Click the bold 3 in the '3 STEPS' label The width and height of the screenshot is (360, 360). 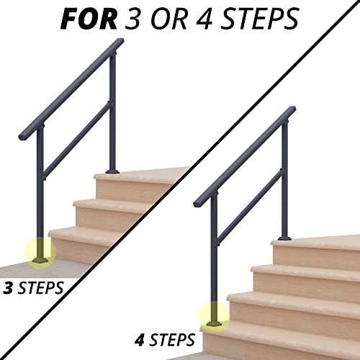(8, 289)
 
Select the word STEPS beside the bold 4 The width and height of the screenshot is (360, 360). (174, 337)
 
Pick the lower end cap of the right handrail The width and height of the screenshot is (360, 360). (197, 199)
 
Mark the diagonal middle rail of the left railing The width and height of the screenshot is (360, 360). (76, 140)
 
